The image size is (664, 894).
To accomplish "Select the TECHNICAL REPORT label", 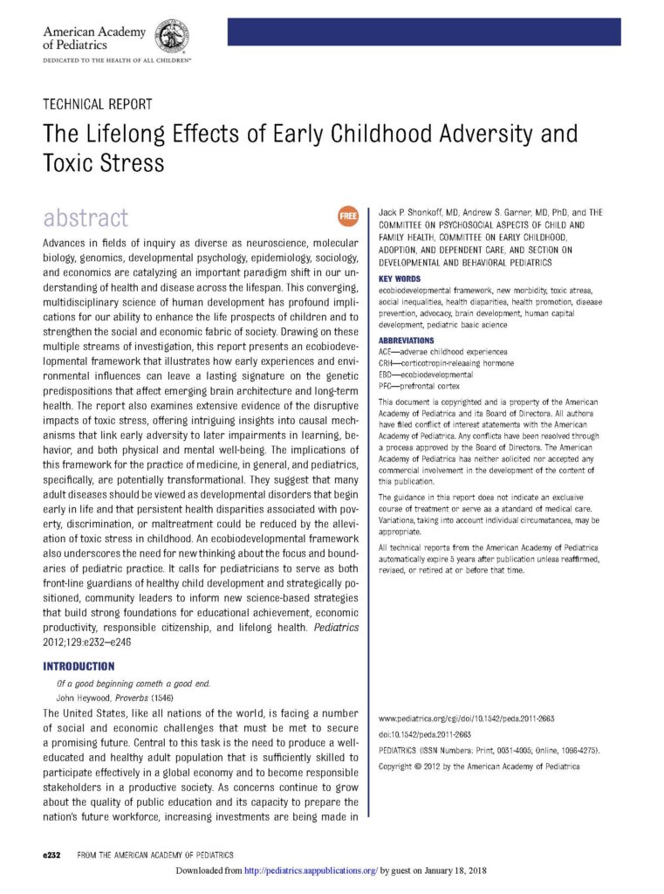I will click(98, 104).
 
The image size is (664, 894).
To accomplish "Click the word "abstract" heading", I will click(86, 217).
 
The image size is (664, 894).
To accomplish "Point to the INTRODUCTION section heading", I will click(79, 665).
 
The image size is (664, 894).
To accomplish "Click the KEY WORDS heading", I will click(400, 279).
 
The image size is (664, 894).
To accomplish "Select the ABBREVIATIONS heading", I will click(406, 340).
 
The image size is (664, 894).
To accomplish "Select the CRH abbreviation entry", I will click(446, 362).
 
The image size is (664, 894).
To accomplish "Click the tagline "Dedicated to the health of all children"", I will click(117, 61).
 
